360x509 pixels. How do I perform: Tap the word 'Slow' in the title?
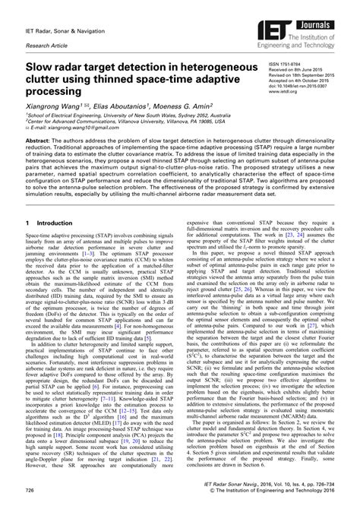[x=42, y=69]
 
